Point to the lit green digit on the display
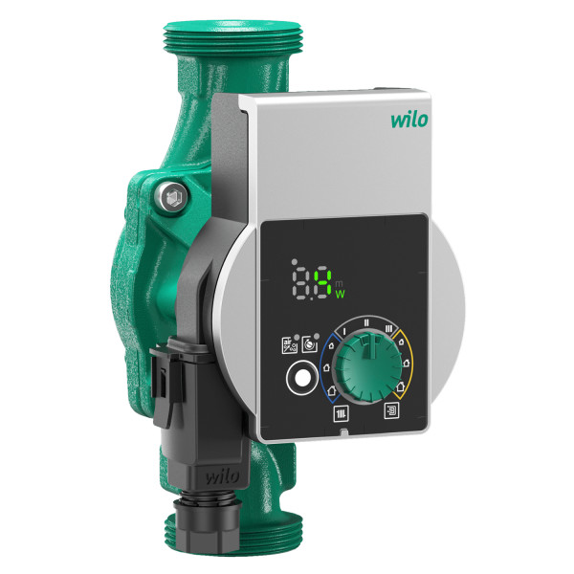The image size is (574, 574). coord(325,281)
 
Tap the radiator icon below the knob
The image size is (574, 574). coord(342,413)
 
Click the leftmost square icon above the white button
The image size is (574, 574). coord(287,345)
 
